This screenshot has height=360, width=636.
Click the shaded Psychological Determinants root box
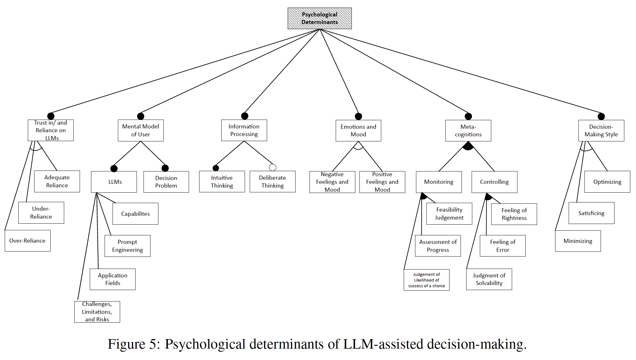(x=319, y=18)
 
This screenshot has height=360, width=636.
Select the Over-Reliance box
(x=28, y=241)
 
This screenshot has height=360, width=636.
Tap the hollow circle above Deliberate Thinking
(x=272, y=167)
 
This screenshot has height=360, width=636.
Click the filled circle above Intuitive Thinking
(x=216, y=168)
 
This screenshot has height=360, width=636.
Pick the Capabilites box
(x=135, y=214)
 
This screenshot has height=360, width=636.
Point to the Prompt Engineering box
(x=127, y=246)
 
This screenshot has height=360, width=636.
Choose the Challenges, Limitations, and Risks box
(x=97, y=312)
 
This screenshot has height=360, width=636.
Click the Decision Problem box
(x=166, y=182)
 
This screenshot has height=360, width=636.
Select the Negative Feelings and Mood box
(x=332, y=182)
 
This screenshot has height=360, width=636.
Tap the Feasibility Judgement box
(x=449, y=214)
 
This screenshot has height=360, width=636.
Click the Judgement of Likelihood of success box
(x=426, y=280)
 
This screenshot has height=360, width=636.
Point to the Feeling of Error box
(x=503, y=246)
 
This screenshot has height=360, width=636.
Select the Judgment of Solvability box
(x=489, y=279)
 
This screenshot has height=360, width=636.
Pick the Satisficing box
(x=591, y=213)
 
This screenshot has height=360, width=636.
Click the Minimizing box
(x=578, y=241)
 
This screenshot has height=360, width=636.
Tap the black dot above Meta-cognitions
(x=468, y=116)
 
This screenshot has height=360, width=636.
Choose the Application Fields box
(x=113, y=279)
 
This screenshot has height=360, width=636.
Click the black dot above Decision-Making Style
(x=601, y=116)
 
